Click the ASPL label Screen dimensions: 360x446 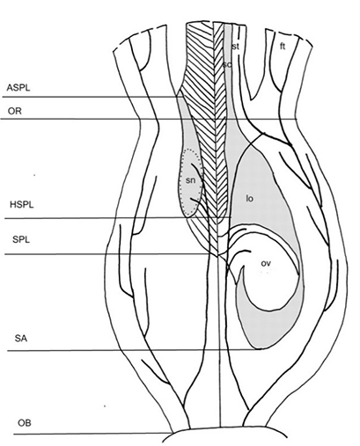click(x=18, y=88)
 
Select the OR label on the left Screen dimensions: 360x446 click(x=15, y=112)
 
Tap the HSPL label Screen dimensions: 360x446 click(x=22, y=204)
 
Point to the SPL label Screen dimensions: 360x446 click(x=21, y=239)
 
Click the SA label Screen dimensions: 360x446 click(x=21, y=339)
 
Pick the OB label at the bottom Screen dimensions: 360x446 click(x=25, y=423)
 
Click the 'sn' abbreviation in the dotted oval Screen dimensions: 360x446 click(x=190, y=180)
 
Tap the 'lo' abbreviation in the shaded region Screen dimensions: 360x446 click(x=249, y=199)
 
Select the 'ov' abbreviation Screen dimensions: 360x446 click(x=266, y=263)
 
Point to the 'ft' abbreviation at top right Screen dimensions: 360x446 click(x=283, y=47)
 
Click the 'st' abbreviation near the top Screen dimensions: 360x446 click(x=235, y=47)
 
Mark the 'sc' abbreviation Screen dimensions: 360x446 click(x=227, y=64)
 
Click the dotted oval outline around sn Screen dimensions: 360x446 click(x=180, y=182)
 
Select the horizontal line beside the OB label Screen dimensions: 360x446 click(x=92, y=434)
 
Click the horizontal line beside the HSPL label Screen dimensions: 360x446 click(x=118, y=218)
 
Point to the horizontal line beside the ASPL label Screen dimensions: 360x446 click(x=92, y=97)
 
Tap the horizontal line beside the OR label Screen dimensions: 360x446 click(x=149, y=119)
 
